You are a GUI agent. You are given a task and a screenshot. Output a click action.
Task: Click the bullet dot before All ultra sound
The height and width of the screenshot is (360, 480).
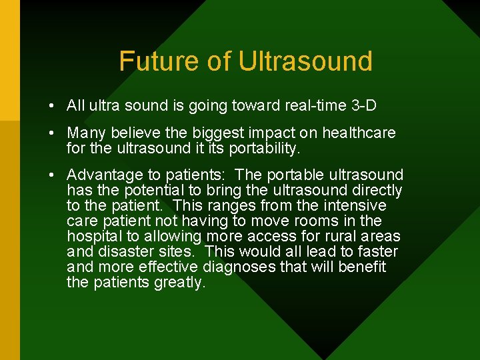(x=51, y=106)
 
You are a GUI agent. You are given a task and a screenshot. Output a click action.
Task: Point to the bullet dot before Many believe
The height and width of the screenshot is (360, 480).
(x=51, y=133)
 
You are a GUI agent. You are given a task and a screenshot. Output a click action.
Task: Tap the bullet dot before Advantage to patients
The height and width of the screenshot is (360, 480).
(x=51, y=175)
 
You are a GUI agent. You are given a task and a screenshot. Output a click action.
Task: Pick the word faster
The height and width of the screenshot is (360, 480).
(x=377, y=251)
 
